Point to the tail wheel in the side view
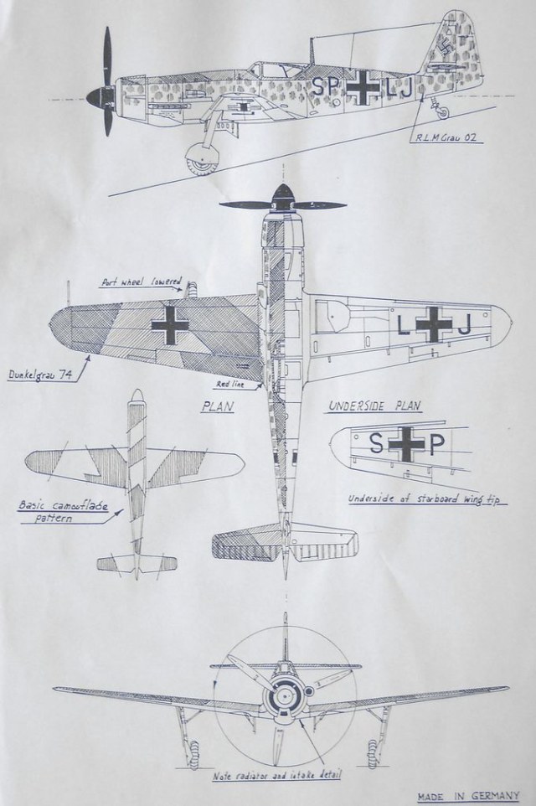[443, 111]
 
